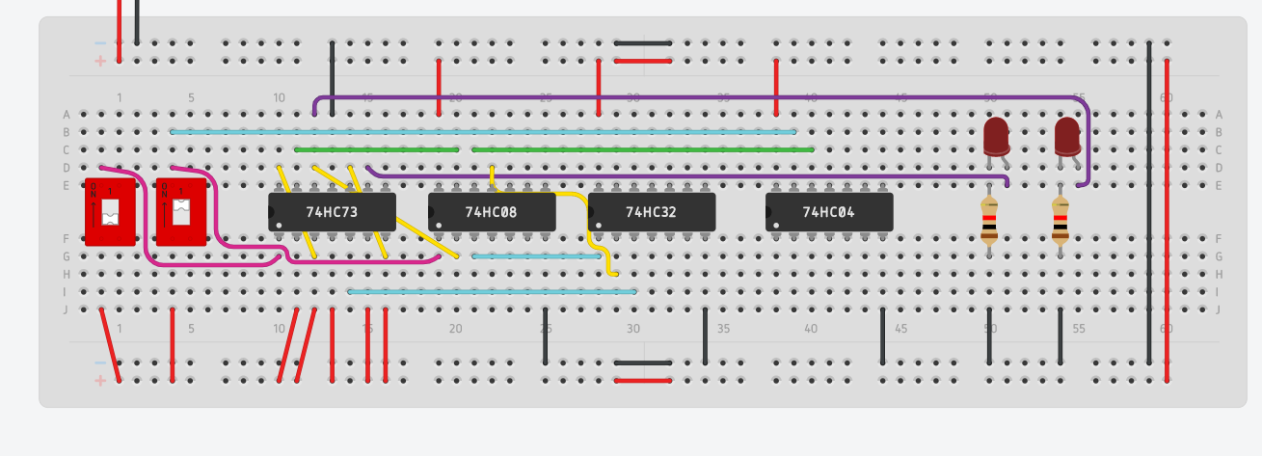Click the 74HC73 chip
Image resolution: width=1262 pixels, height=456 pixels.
[x=332, y=211]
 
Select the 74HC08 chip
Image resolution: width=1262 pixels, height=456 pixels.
[x=492, y=211]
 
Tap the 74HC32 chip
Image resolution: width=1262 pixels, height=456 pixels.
[x=652, y=211]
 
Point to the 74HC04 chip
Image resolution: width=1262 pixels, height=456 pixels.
[x=829, y=211]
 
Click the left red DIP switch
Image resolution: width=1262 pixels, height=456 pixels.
[x=110, y=211]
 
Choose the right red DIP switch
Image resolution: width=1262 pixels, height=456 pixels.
[x=181, y=211]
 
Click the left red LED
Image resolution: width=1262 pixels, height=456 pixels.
[x=996, y=137]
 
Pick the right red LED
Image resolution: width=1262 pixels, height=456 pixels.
[x=1066, y=137]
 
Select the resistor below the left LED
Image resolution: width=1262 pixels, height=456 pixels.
[x=989, y=221]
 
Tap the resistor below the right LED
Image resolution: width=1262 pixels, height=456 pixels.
[x=1060, y=221]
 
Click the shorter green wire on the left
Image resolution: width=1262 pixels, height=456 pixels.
[x=376, y=149]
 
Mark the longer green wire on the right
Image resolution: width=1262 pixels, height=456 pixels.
[x=642, y=149]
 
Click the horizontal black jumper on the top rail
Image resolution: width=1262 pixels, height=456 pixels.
[x=642, y=43]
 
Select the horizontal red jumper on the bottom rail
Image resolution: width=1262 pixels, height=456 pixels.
[x=642, y=381]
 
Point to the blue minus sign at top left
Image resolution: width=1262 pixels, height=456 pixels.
[x=99, y=43]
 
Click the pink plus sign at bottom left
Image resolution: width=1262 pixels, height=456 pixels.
[x=99, y=381]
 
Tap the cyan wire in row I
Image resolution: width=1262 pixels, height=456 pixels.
[x=492, y=291]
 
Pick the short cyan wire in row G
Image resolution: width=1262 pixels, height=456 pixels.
[x=536, y=256]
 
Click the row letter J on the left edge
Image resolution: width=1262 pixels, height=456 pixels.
[x=66, y=309]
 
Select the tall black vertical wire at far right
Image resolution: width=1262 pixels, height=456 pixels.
[x=1148, y=202]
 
